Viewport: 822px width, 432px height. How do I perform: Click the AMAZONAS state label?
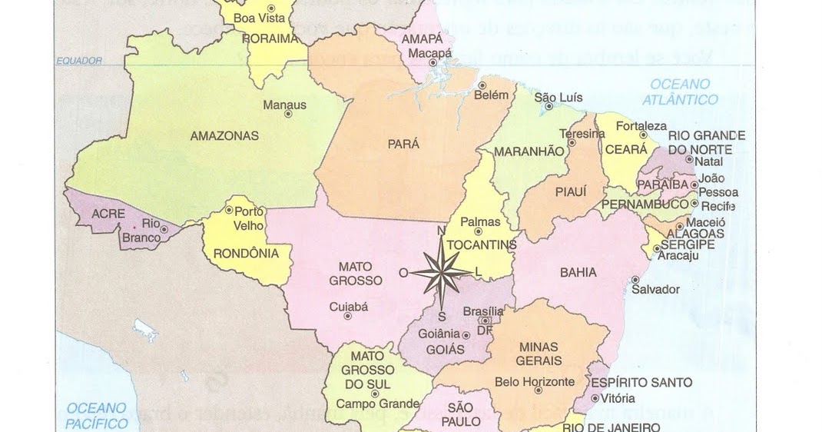click(224, 136)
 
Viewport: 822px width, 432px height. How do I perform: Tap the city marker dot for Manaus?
click(288, 114)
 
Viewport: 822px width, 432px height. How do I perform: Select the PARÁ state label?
click(403, 144)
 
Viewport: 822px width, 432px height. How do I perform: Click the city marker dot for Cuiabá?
click(348, 315)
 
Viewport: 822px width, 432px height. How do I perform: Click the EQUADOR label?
click(79, 61)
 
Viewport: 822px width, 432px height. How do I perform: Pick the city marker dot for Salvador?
click(635, 279)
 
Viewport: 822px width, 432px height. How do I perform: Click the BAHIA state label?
click(578, 271)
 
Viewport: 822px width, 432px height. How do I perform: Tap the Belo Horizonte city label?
click(535, 382)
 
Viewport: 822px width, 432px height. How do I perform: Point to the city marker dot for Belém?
click(482, 85)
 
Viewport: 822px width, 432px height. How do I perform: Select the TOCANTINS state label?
click(481, 245)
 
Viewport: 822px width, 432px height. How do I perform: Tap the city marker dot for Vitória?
click(595, 398)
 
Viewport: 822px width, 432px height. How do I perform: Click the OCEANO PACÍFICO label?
click(97, 415)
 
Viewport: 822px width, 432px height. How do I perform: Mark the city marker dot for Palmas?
click(478, 231)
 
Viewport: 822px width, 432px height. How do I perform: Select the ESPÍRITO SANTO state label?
click(641, 382)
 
